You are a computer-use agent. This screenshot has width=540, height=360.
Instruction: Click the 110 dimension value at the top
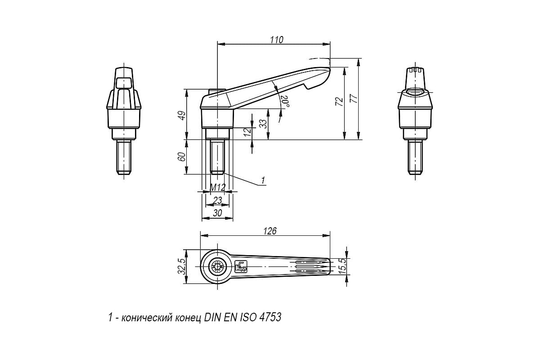tap(276, 40)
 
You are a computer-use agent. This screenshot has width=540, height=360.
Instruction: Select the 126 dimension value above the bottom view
tap(270, 231)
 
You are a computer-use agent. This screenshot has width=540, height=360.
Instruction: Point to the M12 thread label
tap(218, 187)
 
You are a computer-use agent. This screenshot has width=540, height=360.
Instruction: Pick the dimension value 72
tap(339, 102)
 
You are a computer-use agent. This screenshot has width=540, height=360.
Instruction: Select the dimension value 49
tap(182, 115)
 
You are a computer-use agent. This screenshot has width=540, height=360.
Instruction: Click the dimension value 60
tap(182, 157)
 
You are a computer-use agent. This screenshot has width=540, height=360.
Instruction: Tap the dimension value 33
tap(264, 124)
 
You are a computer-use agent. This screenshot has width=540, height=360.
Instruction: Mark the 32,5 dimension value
tap(181, 266)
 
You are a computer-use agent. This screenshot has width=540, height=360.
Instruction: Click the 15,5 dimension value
tap(342, 266)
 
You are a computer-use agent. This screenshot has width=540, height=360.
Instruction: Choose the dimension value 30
tap(217, 213)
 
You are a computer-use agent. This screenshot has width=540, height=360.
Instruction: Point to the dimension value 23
tap(217, 200)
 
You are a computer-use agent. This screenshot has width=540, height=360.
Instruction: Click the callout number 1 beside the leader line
tap(263, 180)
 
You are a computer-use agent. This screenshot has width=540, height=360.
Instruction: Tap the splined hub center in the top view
tap(217, 266)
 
